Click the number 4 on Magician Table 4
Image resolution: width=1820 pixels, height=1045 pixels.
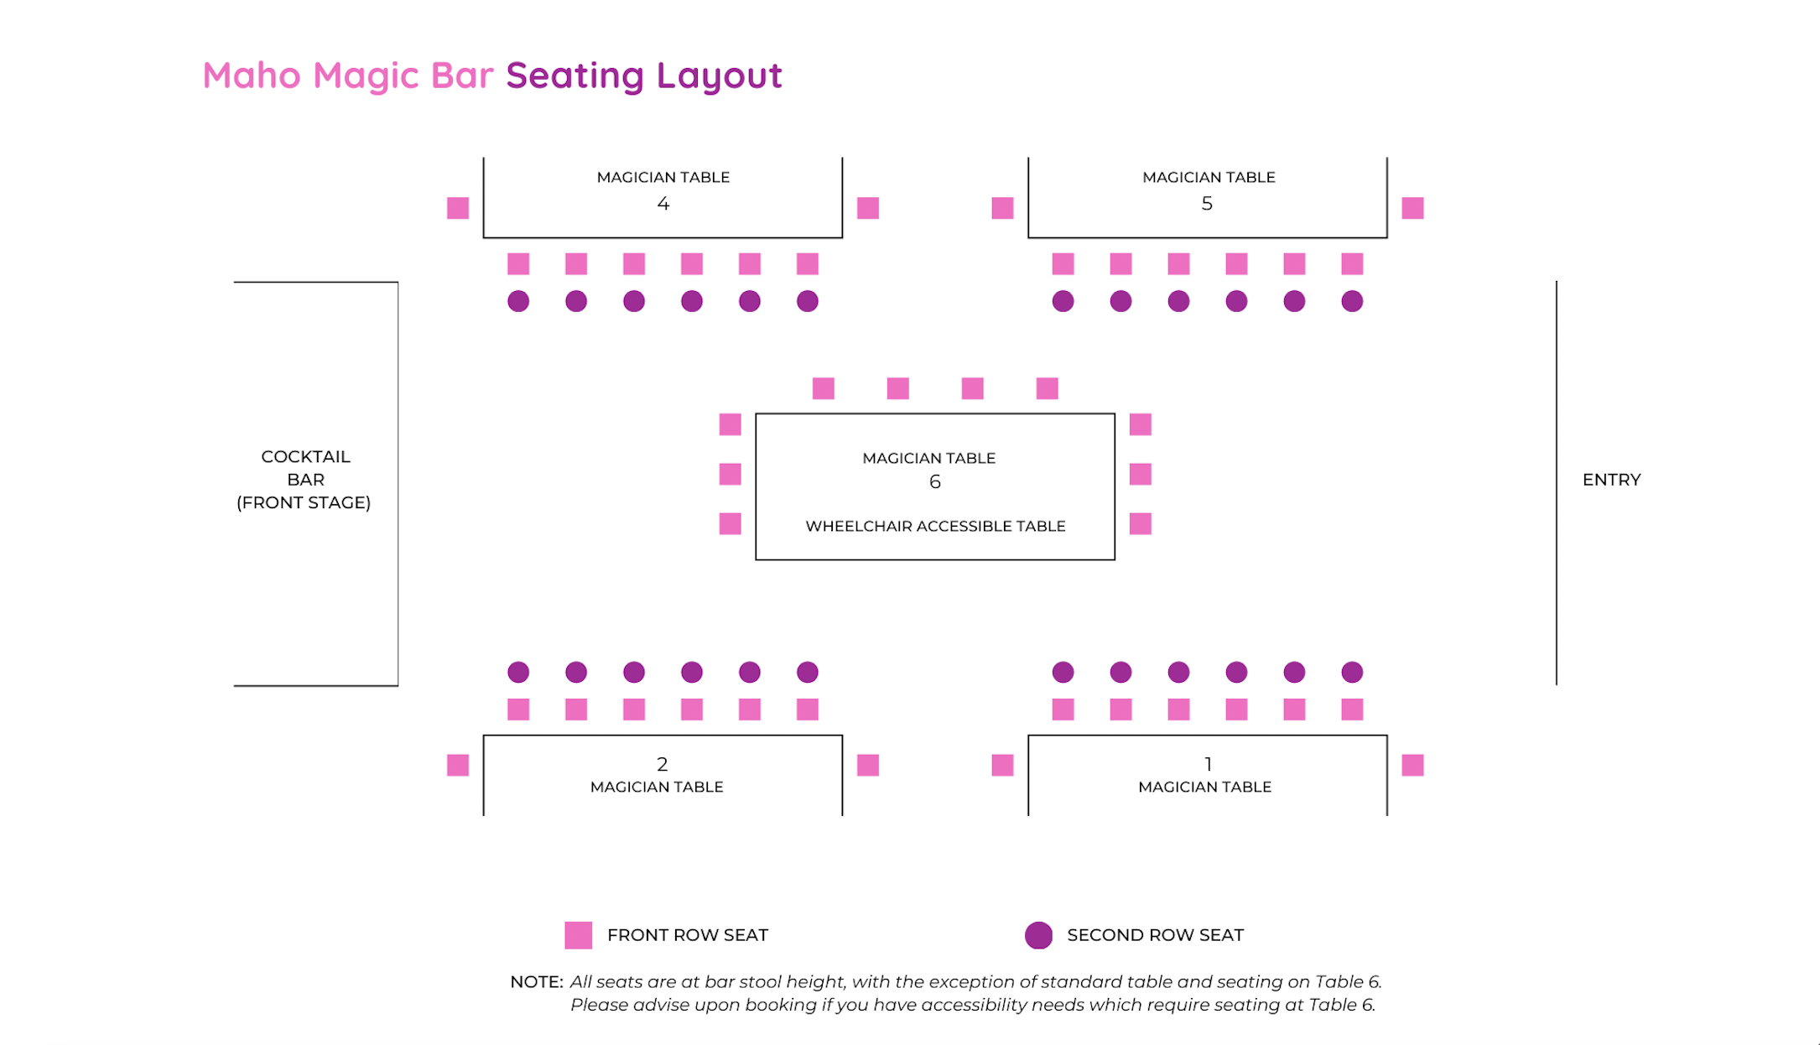[663, 204]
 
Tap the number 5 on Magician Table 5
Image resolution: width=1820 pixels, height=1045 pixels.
[1207, 204]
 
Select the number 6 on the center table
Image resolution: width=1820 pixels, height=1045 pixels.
[934, 482]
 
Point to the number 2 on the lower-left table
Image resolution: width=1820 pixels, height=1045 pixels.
[662, 764]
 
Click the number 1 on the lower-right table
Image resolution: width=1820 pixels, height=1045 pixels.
[1208, 764]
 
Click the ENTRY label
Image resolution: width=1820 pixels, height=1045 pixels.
[1611, 480]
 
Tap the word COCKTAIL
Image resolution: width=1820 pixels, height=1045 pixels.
[305, 457]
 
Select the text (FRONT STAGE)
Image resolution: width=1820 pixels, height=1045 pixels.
[304, 502]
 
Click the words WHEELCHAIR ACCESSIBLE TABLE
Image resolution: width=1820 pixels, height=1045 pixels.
[935, 526]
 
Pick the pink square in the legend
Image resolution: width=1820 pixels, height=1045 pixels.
[578, 935]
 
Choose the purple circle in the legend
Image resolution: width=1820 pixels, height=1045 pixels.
[1038, 935]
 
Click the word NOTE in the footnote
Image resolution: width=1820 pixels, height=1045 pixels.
[535, 982]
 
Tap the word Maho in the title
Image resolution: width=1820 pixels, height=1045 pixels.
[252, 75]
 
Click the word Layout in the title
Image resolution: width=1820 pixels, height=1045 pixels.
[719, 75]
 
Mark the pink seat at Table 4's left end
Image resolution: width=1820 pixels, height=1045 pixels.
[458, 208]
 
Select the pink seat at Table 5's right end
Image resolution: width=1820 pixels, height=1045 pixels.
[1412, 208]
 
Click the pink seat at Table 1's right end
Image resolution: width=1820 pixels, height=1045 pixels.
[1412, 765]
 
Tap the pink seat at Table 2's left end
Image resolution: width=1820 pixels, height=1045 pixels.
[458, 765]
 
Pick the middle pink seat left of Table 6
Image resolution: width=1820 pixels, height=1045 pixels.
[730, 475]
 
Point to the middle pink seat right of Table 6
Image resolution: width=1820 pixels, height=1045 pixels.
[1140, 475]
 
